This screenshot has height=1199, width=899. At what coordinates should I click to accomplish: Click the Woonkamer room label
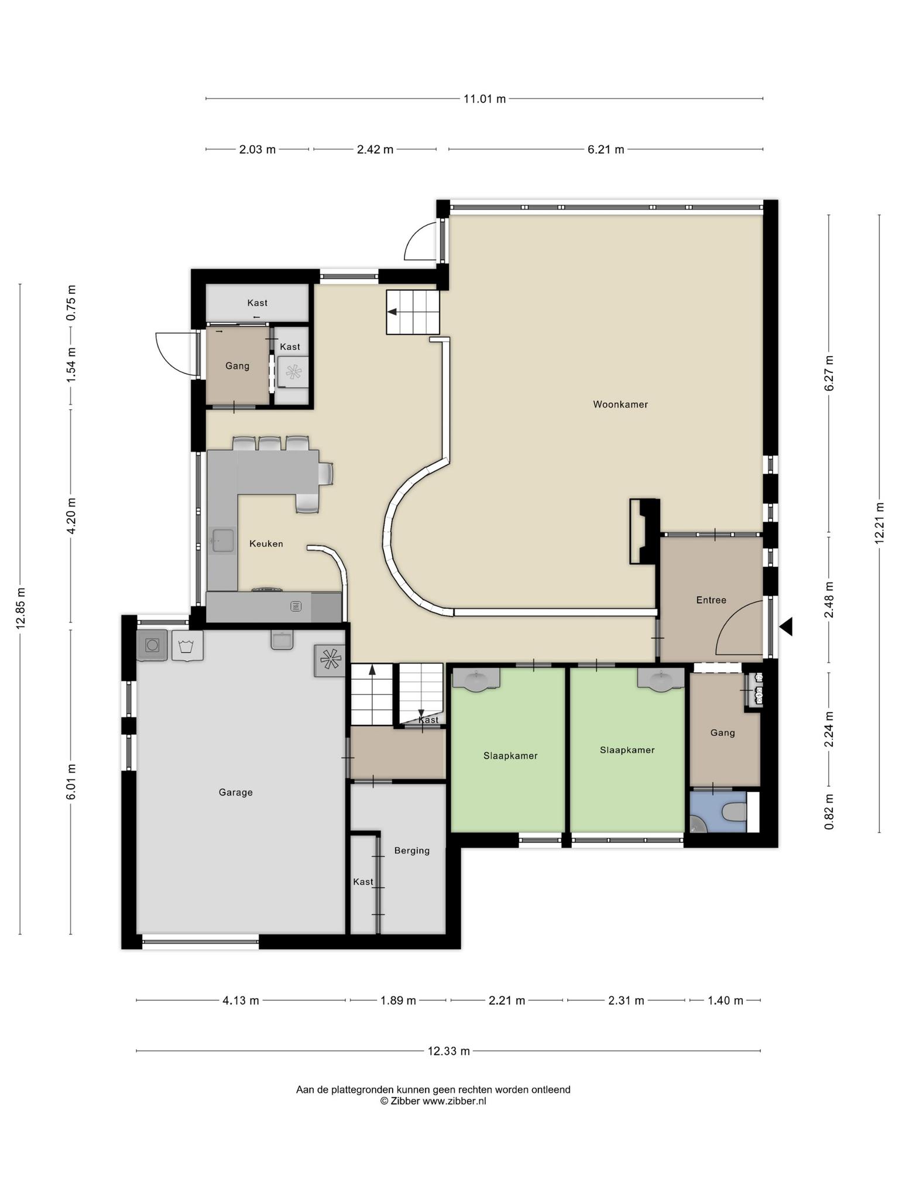click(x=620, y=405)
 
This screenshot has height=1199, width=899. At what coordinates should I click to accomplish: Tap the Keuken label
click(x=266, y=544)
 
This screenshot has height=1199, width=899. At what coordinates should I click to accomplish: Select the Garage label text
click(x=236, y=793)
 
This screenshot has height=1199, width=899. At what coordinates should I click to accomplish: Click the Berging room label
click(x=412, y=851)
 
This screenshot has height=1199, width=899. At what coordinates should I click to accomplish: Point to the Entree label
click(x=711, y=600)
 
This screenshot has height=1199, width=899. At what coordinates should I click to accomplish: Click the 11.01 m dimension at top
click(x=485, y=99)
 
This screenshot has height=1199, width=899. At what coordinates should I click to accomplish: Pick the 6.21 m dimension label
click(x=606, y=149)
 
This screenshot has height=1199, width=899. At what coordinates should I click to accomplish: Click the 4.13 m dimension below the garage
click(x=241, y=1001)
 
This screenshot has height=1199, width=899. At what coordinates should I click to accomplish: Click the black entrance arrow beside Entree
click(x=786, y=626)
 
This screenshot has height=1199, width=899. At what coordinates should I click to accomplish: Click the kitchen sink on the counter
click(x=222, y=540)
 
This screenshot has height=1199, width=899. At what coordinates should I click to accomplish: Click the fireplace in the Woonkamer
click(x=644, y=531)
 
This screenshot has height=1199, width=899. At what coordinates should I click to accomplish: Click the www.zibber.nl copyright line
click(x=433, y=1101)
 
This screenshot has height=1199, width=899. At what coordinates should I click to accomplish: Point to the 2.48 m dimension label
click(x=829, y=599)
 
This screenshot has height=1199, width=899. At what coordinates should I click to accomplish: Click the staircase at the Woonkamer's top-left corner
click(x=413, y=313)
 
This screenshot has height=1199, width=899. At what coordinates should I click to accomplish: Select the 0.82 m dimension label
click(x=829, y=811)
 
